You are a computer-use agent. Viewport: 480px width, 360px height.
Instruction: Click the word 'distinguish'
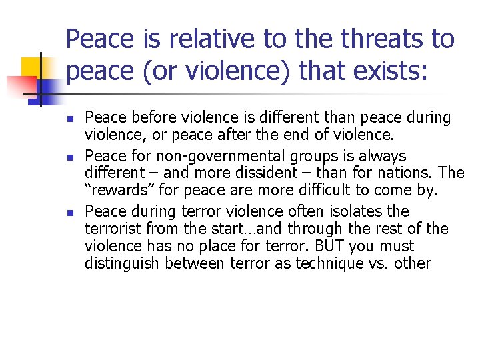pyautogui.click(x=122, y=264)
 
